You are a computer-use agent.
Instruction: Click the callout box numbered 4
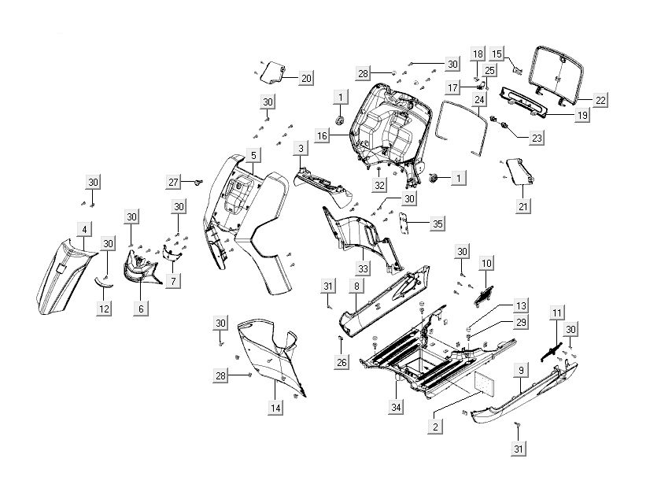click(x=84, y=228)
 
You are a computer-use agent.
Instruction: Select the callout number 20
click(x=305, y=78)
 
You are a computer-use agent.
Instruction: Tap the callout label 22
click(x=600, y=100)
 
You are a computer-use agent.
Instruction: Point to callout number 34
click(x=398, y=407)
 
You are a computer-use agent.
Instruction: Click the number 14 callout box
click(x=275, y=408)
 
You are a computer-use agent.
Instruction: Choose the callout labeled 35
click(x=438, y=224)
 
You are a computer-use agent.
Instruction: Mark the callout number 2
click(x=434, y=426)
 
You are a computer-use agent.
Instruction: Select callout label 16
click(x=321, y=136)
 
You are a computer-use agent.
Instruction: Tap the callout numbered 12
click(x=104, y=310)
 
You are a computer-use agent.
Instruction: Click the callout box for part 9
click(x=520, y=368)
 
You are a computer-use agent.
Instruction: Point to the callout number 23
click(x=537, y=138)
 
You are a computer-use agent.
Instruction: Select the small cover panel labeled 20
click(x=272, y=72)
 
